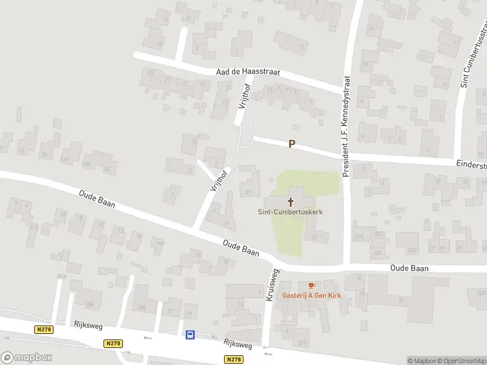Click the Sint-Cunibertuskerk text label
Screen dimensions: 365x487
click(x=290, y=212)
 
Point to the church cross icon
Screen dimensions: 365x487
click(x=290, y=202)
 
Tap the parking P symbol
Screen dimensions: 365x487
click(x=292, y=144)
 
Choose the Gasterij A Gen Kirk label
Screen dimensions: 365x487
click(x=312, y=296)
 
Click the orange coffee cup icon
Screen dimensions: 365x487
click(x=312, y=285)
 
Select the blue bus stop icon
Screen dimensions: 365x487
click(x=190, y=334)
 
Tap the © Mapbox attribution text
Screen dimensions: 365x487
click(x=421, y=361)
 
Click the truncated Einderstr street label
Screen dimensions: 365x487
click(x=472, y=165)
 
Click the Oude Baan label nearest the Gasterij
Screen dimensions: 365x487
click(x=410, y=268)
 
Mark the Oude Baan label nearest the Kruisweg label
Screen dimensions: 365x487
click(x=241, y=248)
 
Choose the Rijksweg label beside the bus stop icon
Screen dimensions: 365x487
click(x=237, y=344)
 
